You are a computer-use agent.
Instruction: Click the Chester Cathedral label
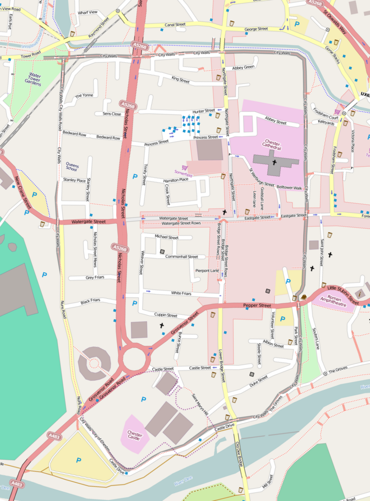(x=272, y=145)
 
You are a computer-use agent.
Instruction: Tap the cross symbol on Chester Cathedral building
(x=274, y=162)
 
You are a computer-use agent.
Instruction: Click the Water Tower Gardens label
(x=35, y=79)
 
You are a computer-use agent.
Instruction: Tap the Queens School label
(x=72, y=167)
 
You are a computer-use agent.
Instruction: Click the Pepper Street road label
(x=257, y=305)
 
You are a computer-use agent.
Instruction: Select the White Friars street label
(x=181, y=293)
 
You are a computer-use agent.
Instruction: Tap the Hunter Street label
(x=203, y=111)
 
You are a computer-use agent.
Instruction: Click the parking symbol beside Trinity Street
(x=135, y=176)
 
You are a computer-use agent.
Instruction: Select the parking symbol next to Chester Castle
(x=143, y=399)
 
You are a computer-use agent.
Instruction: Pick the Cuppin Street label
(x=166, y=316)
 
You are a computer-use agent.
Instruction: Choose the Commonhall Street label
(x=182, y=257)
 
